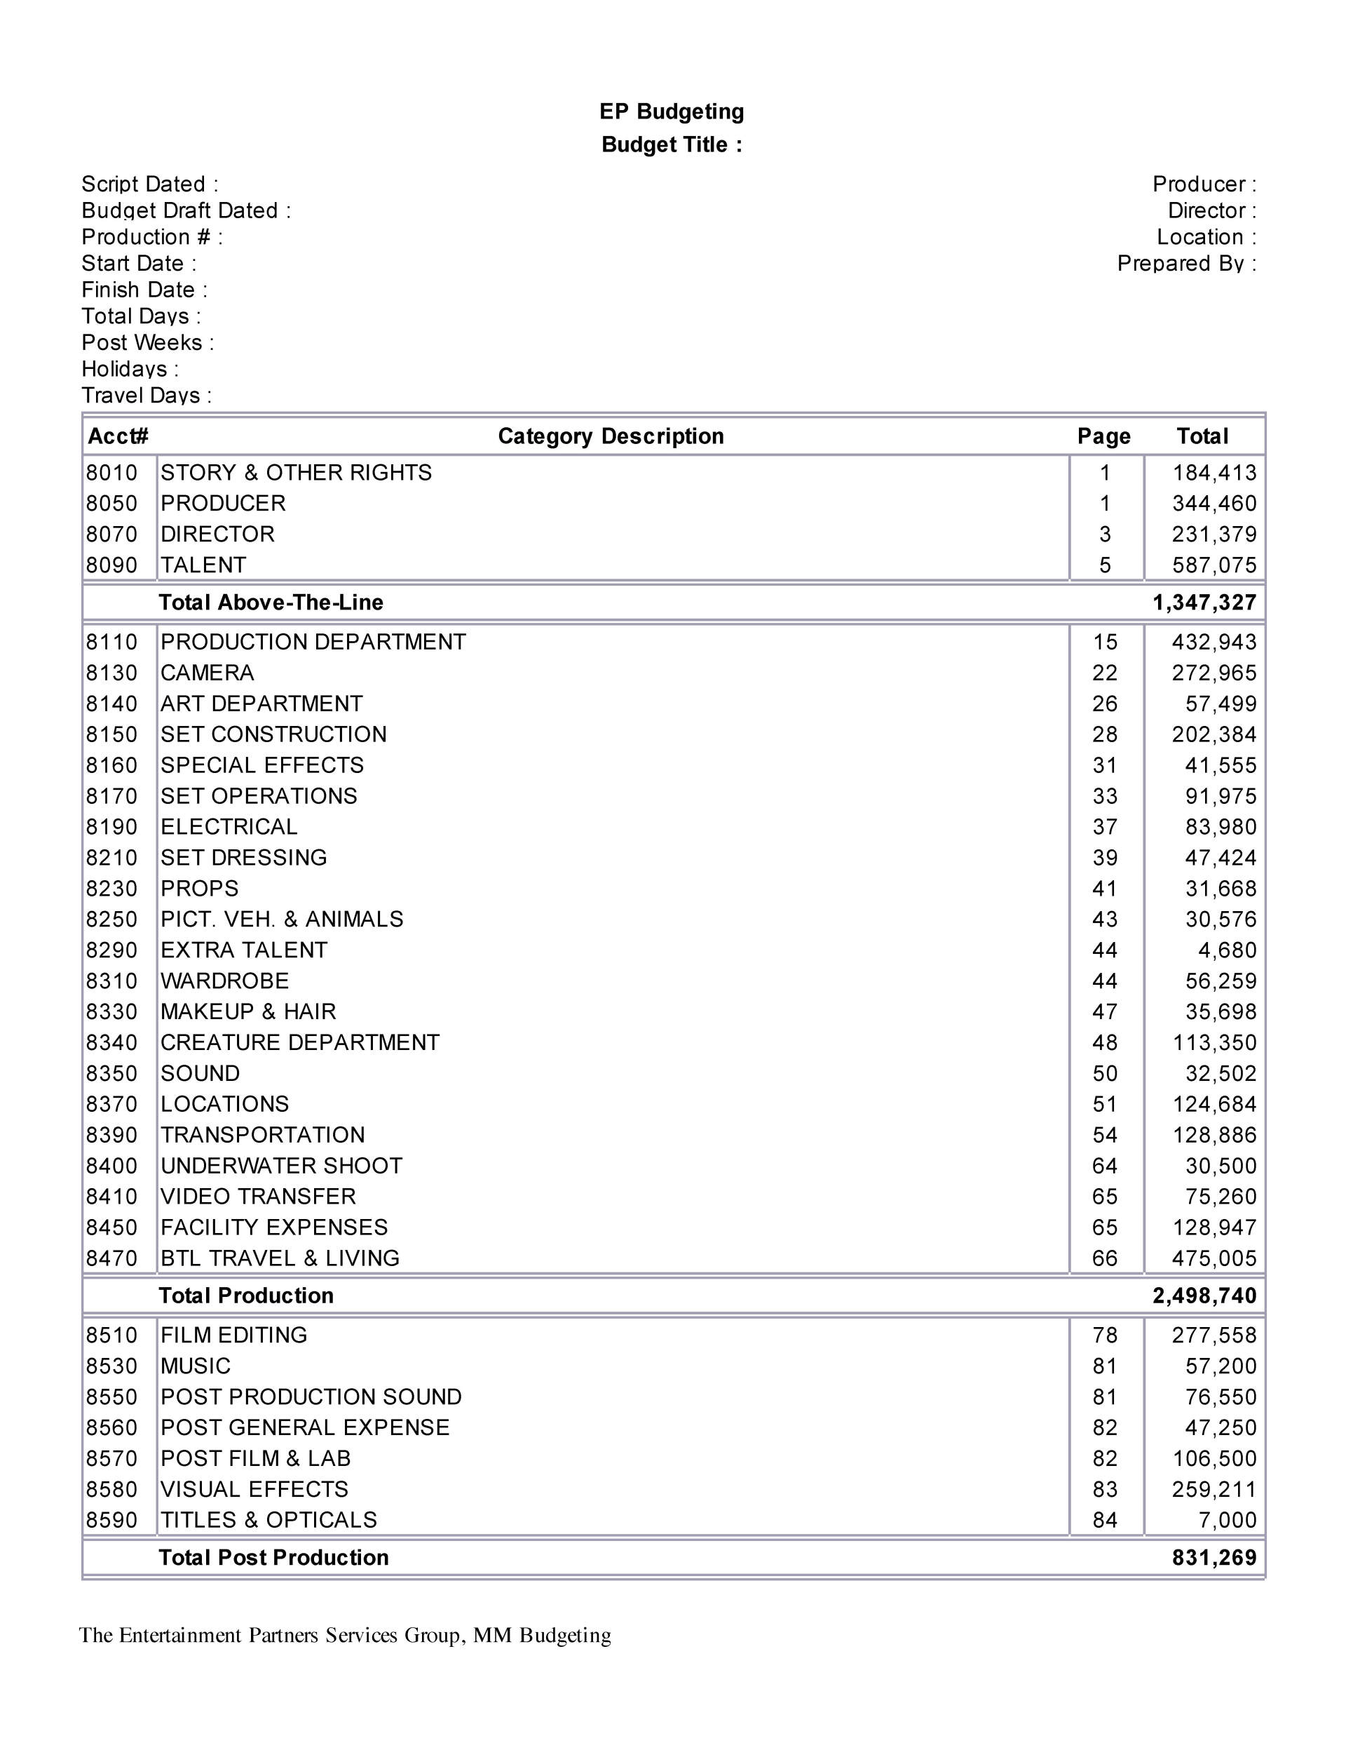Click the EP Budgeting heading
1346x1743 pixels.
(x=671, y=112)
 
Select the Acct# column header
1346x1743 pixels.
(x=118, y=436)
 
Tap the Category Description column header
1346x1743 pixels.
(x=611, y=436)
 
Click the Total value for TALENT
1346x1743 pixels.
(x=1214, y=565)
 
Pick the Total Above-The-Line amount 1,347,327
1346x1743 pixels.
(x=1204, y=603)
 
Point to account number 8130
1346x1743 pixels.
(x=111, y=673)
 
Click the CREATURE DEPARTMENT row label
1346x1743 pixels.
(x=300, y=1042)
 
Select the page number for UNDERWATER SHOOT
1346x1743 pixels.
(x=1104, y=1166)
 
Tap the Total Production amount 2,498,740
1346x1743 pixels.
(x=1204, y=1296)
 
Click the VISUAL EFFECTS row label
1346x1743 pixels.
(x=254, y=1489)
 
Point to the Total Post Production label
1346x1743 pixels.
(x=273, y=1558)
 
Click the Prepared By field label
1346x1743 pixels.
(x=1185, y=263)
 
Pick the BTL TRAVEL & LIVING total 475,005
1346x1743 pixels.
(x=1214, y=1258)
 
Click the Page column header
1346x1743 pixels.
(x=1103, y=436)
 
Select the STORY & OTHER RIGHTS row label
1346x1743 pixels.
(x=296, y=473)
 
